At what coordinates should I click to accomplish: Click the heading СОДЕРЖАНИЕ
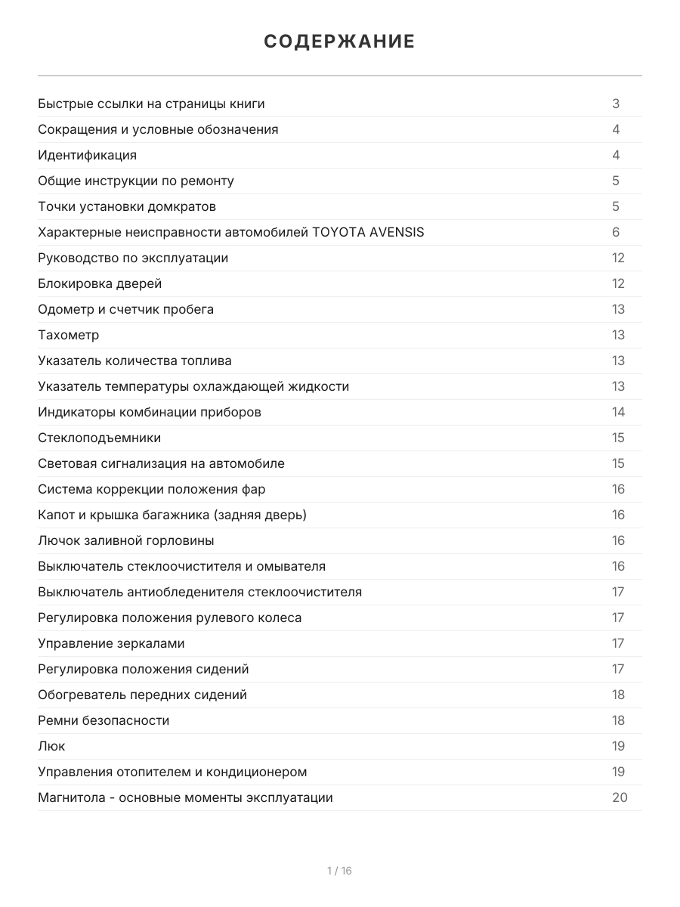pyautogui.click(x=339, y=42)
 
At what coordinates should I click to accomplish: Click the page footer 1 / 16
pyautogui.click(x=339, y=871)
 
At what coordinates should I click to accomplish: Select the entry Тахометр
pyautogui.click(x=69, y=335)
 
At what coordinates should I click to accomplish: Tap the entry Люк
pyautogui.click(x=51, y=746)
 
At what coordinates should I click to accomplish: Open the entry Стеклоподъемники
pyautogui.click(x=99, y=438)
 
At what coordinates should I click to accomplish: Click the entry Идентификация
pyautogui.click(x=87, y=155)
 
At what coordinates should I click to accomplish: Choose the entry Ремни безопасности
pyautogui.click(x=104, y=720)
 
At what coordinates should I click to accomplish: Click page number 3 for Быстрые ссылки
pyautogui.click(x=616, y=104)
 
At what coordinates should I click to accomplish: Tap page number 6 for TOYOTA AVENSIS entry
pyautogui.click(x=616, y=232)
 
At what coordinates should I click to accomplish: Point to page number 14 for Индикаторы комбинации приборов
pyautogui.click(x=618, y=412)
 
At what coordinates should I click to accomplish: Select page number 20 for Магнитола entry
pyautogui.click(x=620, y=797)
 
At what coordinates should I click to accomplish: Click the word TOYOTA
pyautogui.click(x=338, y=232)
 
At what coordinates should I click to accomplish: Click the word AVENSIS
pyautogui.click(x=397, y=232)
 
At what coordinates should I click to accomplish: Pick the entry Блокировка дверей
pyautogui.click(x=100, y=283)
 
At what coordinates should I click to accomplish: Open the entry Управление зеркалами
pyautogui.click(x=111, y=643)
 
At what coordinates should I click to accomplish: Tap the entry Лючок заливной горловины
pyautogui.click(x=126, y=540)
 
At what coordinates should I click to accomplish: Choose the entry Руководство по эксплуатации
pyautogui.click(x=133, y=258)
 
